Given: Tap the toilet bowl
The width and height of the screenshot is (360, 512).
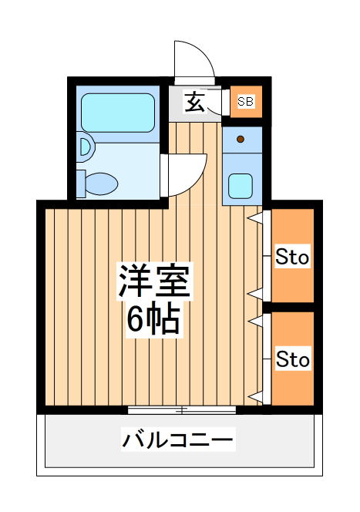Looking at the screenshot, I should coord(100,184).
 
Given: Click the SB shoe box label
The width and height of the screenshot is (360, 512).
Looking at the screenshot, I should coord(245,101).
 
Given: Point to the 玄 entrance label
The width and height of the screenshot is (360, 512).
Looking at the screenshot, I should coord(196,101).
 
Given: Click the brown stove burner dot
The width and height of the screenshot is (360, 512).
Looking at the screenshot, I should coord(241,140).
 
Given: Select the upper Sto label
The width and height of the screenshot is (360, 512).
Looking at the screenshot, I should coord(293,258).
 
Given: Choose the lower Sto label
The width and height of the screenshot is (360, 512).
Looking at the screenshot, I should coord(293,359).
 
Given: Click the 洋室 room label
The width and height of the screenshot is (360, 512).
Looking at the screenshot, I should coord(153,282).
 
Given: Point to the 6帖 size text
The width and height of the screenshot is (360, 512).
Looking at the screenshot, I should coord(153,319).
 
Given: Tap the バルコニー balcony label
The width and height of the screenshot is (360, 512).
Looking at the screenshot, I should coord(177,441).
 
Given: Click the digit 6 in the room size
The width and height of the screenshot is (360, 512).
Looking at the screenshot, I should coord(134,319).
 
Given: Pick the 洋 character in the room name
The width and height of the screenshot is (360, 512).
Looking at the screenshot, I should coord(133,282).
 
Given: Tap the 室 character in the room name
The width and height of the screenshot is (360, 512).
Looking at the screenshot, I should coord(173,282).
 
